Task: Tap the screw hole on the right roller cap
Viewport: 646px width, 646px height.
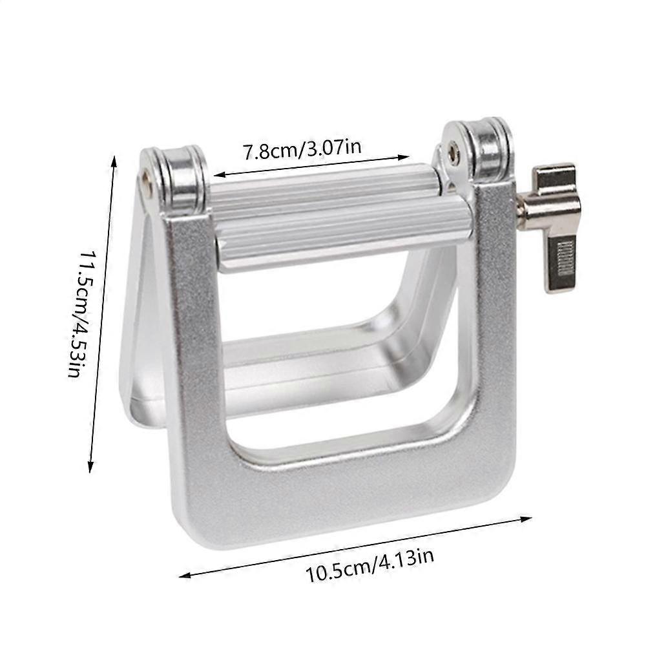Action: [x=453, y=151]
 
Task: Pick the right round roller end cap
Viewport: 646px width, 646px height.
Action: [x=478, y=151]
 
